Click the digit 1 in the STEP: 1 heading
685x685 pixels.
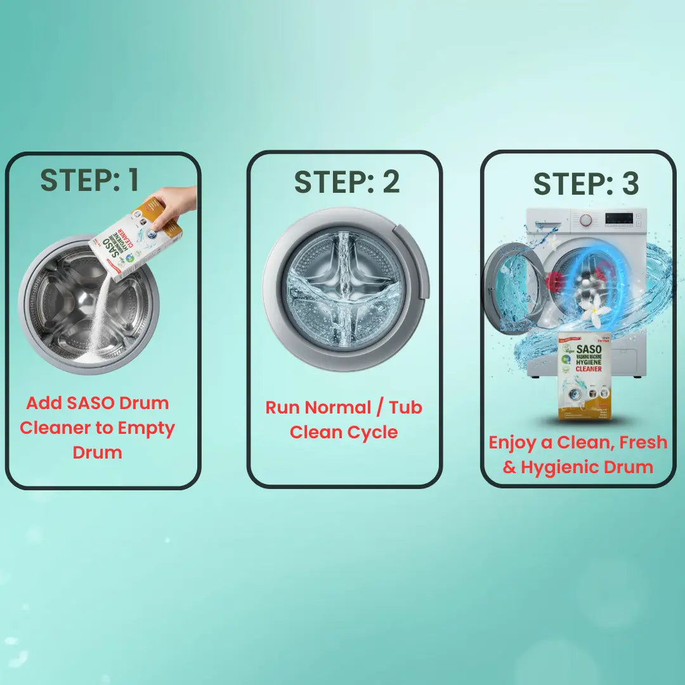point(132,181)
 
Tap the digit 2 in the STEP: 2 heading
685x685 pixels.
point(391,183)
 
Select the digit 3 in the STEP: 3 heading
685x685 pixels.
point(630,184)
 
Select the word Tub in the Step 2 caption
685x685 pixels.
point(407,407)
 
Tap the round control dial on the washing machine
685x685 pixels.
point(587,220)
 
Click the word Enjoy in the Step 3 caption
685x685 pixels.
point(512,442)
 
